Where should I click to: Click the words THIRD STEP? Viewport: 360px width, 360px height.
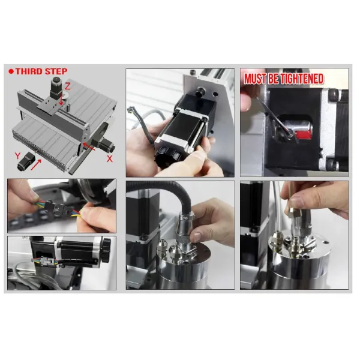[x=41, y=71]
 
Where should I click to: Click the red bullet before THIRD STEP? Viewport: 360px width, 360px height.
[x=11, y=71]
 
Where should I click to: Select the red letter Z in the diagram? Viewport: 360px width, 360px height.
[x=68, y=87]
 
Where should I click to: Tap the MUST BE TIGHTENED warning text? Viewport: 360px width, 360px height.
[x=283, y=79]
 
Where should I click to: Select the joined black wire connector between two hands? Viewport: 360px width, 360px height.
[x=63, y=209]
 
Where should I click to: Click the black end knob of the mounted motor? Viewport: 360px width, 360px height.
[x=106, y=247]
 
